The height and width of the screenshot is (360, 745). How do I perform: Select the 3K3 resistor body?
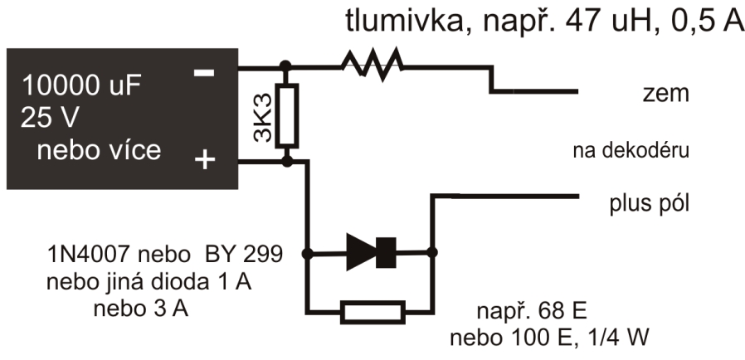[287, 115]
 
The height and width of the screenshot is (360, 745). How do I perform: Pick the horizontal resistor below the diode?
[372, 313]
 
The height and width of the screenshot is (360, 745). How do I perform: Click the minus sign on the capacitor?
[203, 72]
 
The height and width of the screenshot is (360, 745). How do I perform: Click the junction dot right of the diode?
[431, 251]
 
